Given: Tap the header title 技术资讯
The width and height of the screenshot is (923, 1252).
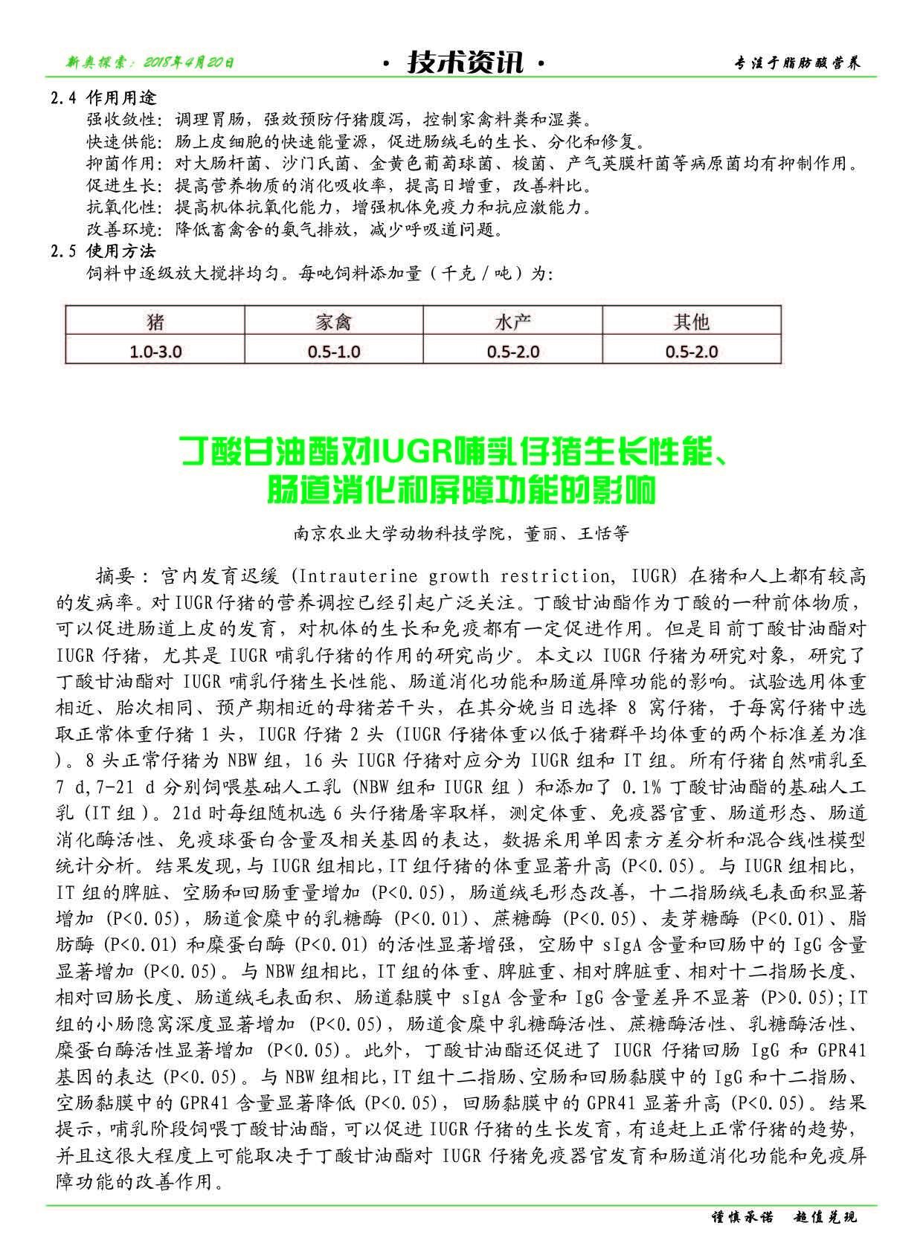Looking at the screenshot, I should tap(465, 62).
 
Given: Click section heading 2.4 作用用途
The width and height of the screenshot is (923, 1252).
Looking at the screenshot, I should tap(103, 98).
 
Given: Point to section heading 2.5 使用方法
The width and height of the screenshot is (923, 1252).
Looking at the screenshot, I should tap(103, 251).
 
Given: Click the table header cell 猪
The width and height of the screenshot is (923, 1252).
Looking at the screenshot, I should tap(155, 322).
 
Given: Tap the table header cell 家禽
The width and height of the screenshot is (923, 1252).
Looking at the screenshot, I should tap(333, 322).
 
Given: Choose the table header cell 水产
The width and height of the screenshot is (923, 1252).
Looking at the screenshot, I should tap(512, 322).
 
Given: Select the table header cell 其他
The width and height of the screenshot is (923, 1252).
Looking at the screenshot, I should tap(691, 322).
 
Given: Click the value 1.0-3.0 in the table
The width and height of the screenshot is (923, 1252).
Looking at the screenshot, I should tap(155, 352).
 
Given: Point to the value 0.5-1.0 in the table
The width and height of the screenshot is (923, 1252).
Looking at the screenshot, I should tap(333, 352).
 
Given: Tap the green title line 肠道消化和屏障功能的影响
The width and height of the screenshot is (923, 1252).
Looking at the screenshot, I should tap(462, 490).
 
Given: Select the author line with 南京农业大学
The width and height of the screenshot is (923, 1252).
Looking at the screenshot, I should tap(461, 533).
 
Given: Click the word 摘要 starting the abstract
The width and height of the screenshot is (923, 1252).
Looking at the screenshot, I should tap(115, 576).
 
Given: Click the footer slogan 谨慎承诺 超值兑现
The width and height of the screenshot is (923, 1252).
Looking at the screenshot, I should tap(785, 1217).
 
